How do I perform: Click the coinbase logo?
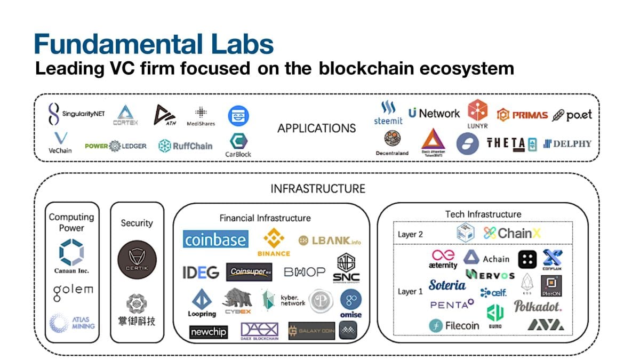pos(215,239)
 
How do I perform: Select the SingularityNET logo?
pos(75,114)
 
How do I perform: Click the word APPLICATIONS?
pos(316,129)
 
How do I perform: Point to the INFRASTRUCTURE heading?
pos(317,189)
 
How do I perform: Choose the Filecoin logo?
pos(454,325)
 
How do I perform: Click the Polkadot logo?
pos(538,306)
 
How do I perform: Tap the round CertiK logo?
pos(137,257)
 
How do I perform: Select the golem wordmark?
pos(73,291)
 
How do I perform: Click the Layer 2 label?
pos(411,234)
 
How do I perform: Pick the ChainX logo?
pos(508,233)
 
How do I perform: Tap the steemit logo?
pos(388,113)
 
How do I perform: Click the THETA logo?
pos(511,143)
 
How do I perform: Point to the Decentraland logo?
pos(392,142)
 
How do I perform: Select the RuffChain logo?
pos(185,146)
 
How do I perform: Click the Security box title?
pos(137,223)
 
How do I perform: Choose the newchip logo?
pos(208,332)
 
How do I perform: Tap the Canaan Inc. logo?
pos(71,255)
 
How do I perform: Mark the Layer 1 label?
pos(410,292)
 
